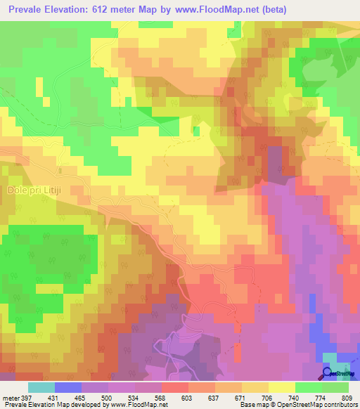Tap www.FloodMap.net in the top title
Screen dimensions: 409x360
point(221,8)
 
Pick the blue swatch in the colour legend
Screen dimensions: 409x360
point(68,387)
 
